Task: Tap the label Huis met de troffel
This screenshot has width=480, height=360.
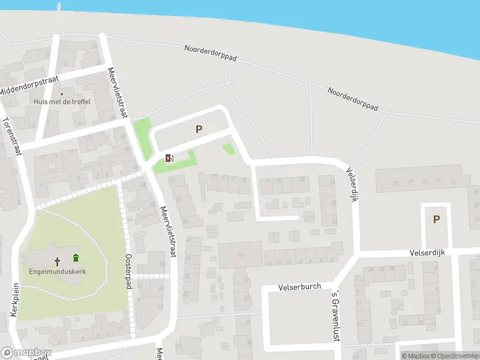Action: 62,102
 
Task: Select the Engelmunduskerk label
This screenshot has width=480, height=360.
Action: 58,271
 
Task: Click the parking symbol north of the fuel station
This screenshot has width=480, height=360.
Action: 199,129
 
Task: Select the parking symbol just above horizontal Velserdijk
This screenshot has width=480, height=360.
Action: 436,220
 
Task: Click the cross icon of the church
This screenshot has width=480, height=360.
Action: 58,262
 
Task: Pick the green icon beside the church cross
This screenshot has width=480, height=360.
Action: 76,259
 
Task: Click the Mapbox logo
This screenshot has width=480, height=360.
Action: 26,353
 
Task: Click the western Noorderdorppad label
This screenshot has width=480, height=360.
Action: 211,53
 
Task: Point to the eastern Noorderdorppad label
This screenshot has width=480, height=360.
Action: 353,99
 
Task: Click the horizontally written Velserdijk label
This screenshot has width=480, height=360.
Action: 427,253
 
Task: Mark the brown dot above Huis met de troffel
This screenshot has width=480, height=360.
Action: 61,94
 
